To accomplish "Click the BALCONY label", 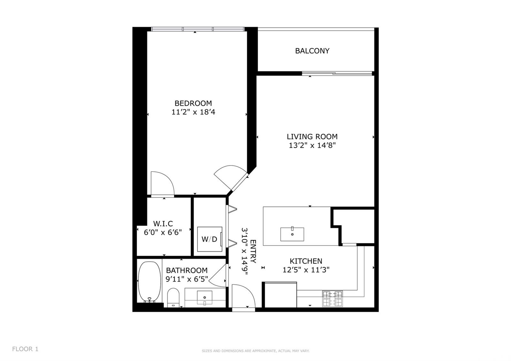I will tap(312, 51).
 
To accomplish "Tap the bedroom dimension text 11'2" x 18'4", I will tap(193, 112).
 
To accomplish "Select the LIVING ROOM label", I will tap(312, 136).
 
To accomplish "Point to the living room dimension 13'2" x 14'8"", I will tap(312, 146).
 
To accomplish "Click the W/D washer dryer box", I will tap(210, 239).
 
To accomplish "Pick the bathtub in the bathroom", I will tap(149, 282).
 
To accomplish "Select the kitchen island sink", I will tap(292, 234).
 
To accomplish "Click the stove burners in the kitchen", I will tap(332, 298).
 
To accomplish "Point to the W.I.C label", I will tap(163, 224).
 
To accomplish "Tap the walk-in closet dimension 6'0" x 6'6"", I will tap(163, 232).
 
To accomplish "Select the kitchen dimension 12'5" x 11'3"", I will tap(306, 270).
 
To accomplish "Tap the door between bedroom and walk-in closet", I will tap(162, 184).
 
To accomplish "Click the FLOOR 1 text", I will tap(25, 349).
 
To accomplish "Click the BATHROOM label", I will tap(187, 270).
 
